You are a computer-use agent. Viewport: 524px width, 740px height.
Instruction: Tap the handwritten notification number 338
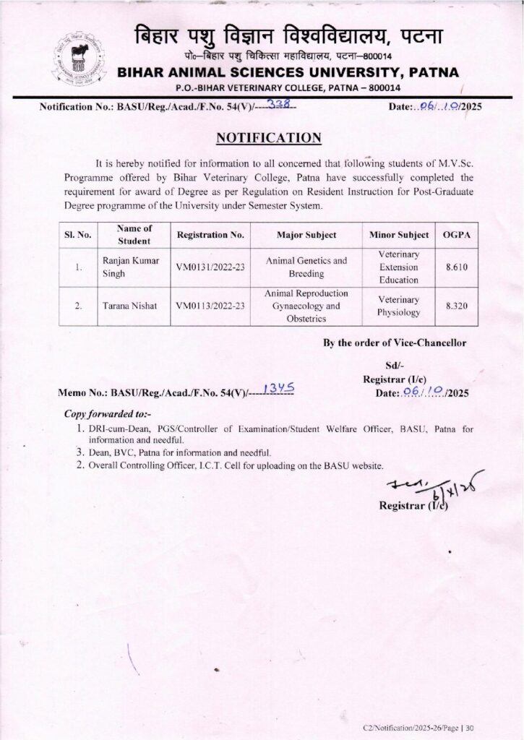[278, 105]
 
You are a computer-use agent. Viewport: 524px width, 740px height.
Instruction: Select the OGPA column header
[456, 236]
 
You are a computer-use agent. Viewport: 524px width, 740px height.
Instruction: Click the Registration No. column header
[212, 236]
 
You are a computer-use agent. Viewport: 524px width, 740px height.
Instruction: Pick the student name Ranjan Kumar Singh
[126, 267]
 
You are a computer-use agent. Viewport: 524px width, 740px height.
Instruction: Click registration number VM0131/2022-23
[212, 267]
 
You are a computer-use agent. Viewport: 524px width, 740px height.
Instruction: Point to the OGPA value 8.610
[456, 267]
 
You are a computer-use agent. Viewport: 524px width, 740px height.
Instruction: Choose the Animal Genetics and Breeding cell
[306, 267]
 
